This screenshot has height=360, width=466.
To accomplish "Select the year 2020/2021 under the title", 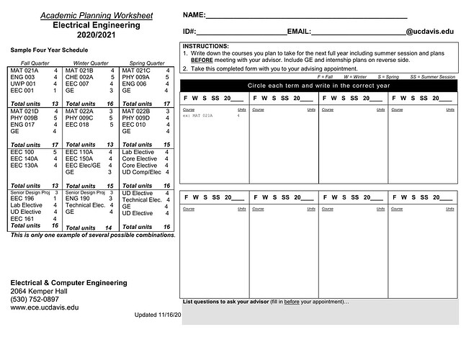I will (96, 34).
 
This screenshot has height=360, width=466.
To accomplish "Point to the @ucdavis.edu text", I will (430, 32).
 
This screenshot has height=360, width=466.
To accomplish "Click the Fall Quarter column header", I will (35, 63).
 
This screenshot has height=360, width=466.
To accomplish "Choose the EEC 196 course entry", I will (22, 198).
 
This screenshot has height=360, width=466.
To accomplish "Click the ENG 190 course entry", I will (77, 198).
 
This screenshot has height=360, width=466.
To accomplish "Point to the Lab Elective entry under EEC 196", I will (27, 205).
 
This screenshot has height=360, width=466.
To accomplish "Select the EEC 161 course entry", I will (22, 219).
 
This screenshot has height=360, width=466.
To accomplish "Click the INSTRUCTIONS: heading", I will (206, 45).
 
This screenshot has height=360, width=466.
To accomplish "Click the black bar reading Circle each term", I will (318, 85).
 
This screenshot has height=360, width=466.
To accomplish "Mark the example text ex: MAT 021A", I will (202, 116).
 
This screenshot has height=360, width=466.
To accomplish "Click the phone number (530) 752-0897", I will (35, 299).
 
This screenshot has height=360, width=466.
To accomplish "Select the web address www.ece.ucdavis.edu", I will (45, 307).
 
